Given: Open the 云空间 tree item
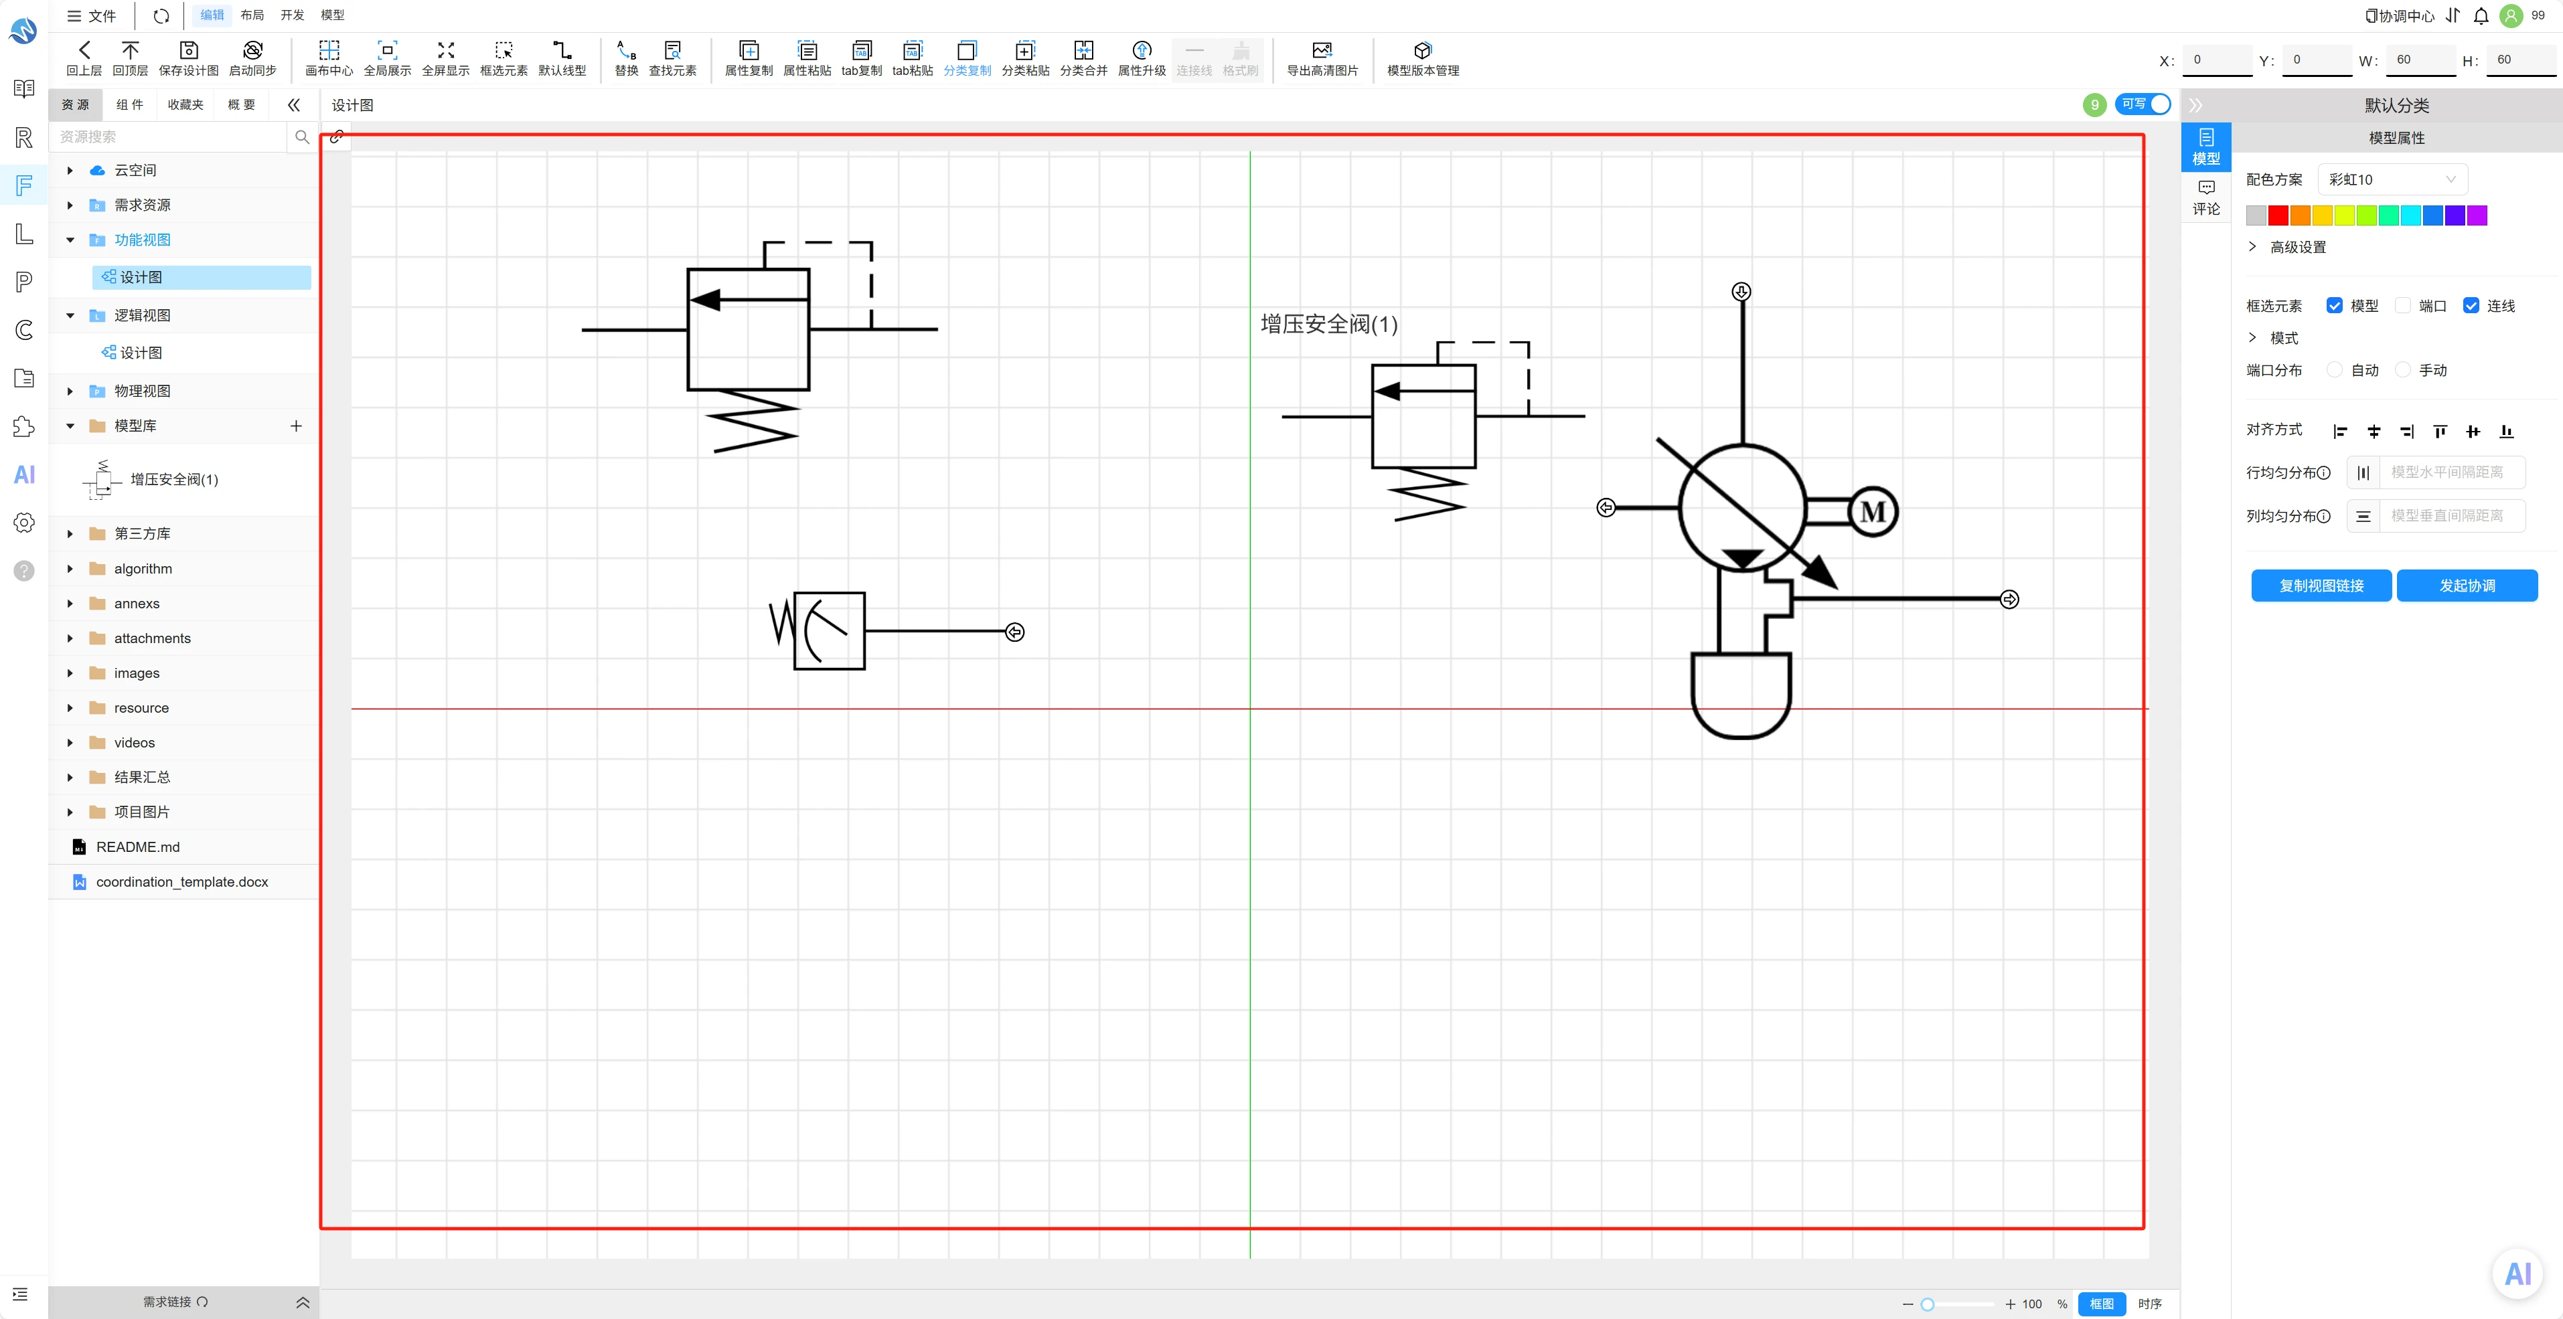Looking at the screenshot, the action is [x=135, y=170].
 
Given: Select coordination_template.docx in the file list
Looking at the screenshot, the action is [x=182, y=881].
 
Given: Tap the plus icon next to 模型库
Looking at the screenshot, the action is [x=295, y=426].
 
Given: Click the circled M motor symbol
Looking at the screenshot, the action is [x=1873, y=511].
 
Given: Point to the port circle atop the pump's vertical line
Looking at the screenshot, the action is [x=1741, y=292].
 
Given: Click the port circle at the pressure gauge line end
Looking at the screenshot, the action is [x=1015, y=632].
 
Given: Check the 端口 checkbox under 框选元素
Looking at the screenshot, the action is [x=2403, y=305].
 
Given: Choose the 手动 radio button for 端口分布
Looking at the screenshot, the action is [x=2403, y=370].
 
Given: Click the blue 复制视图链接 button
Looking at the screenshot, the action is [x=2321, y=585].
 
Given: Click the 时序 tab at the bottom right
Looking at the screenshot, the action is [x=2149, y=1303].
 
